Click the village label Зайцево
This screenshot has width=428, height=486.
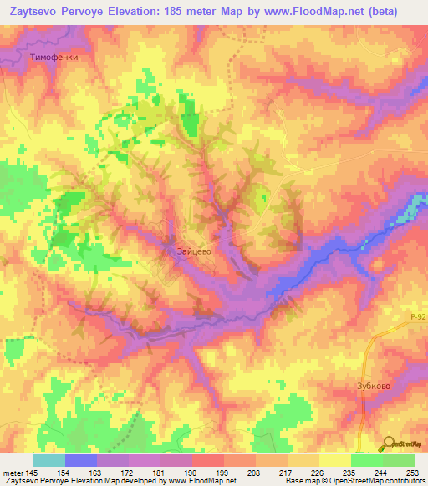[193, 250]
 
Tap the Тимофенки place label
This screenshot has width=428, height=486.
[52, 56]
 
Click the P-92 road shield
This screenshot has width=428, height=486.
[418, 316]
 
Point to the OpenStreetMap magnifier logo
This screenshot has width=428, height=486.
[390, 443]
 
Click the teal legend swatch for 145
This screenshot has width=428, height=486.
[48, 460]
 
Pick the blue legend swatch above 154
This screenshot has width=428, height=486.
[81, 460]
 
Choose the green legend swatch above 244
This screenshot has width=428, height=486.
[367, 460]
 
